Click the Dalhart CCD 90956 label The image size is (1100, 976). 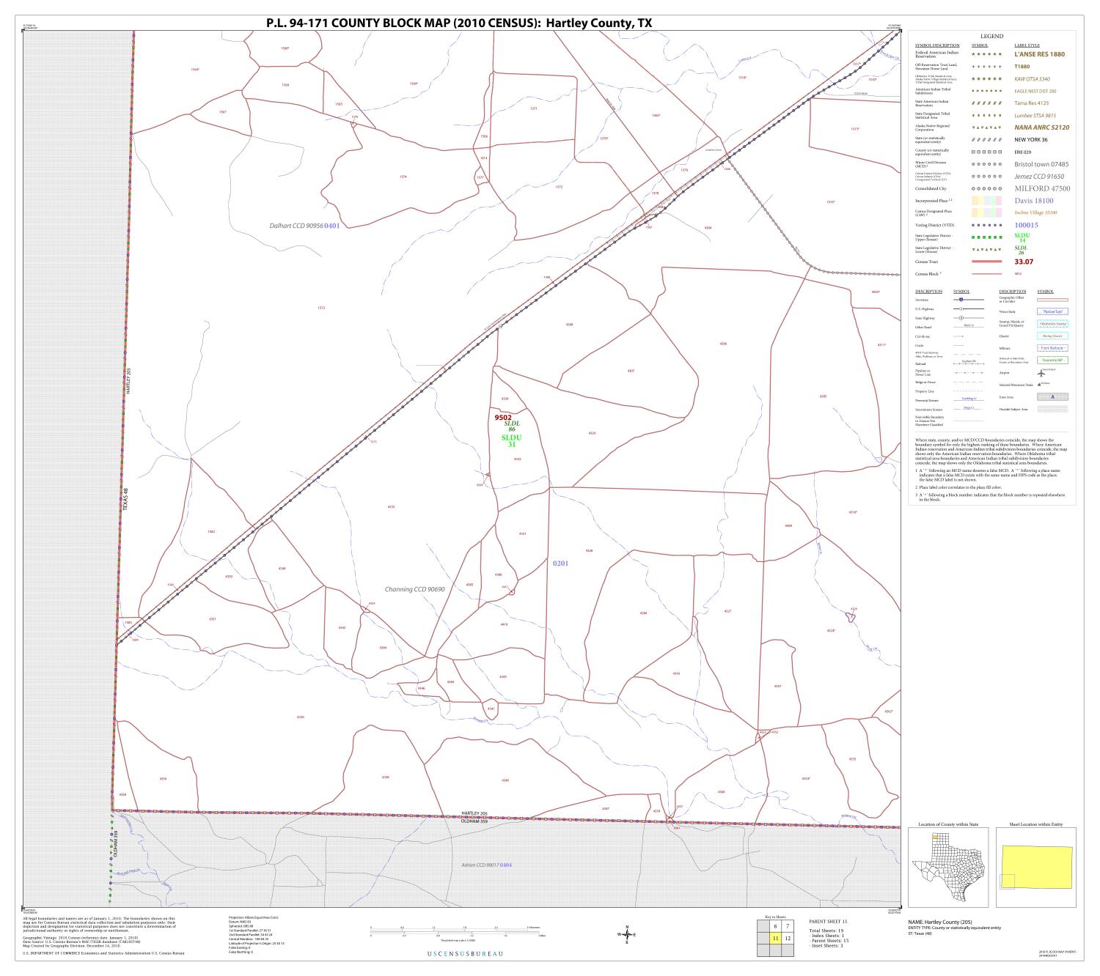(x=296, y=226)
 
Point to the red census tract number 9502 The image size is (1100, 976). (x=503, y=418)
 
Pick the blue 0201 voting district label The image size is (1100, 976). (x=560, y=563)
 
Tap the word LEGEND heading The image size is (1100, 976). (x=991, y=36)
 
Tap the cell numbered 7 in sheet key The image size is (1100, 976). (x=788, y=926)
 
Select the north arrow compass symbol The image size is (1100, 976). (x=626, y=934)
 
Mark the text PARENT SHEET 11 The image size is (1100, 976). (x=828, y=921)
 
